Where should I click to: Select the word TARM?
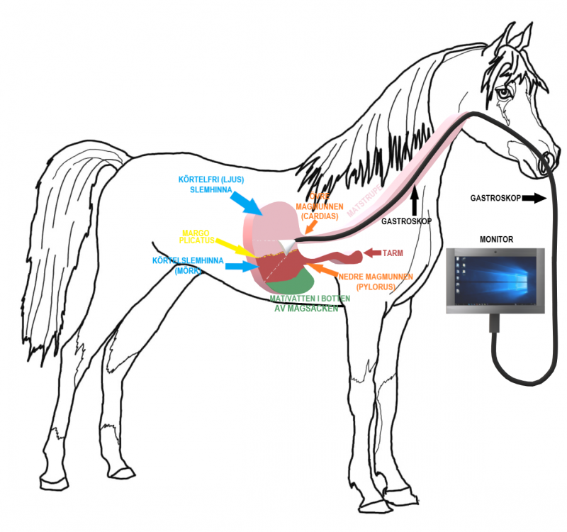point(395,253)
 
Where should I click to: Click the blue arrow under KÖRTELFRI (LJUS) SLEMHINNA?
point(249,203)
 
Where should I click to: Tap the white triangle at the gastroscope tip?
point(286,245)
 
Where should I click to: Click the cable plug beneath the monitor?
point(491,324)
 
